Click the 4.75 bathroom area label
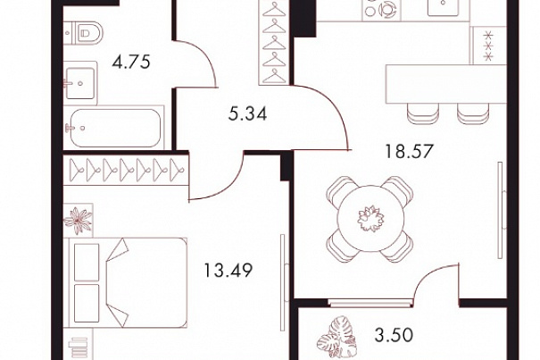tap(131, 62)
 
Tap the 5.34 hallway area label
tap(247, 113)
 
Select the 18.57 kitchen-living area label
tap(409, 151)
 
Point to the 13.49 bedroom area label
tap(228, 270)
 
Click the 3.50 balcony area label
tap(394, 335)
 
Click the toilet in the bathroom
tap(85, 33)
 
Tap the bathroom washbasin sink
tap(80, 83)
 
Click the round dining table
tap(370, 219)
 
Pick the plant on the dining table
tap(370, 219)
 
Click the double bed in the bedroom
tap(129, 282)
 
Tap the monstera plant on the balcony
tap(336, 336)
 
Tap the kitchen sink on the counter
tap(444, 7)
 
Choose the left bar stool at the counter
tap(422, 113)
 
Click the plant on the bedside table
tap(79, 221)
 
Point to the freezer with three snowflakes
tap(488, 46)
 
